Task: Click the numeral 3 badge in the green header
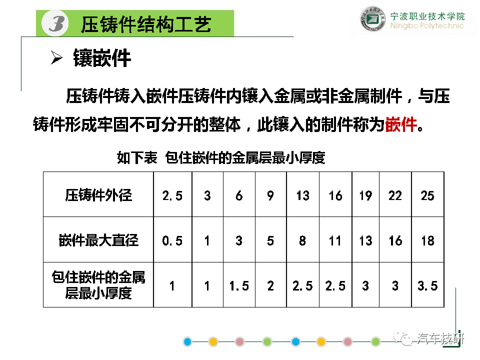tap(55, 23)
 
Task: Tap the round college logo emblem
tap(372, 19)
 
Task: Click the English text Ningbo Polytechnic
tap(427, 25)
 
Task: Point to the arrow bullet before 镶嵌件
tap(56, 57)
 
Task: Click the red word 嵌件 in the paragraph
tap(401, 124)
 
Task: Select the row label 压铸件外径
tap(98, 195)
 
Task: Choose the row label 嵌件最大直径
tap(98, 240)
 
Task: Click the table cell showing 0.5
tap(172, 240)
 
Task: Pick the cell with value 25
tap(427, 195)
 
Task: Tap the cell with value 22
tap(395, 195)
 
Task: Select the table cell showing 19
tap(365, 195)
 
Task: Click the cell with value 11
tap(335, 240)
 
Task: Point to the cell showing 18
tap(427, 240)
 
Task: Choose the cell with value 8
tap(302, 240)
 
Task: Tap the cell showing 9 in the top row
tap(270, 195)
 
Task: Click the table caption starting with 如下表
tap(221, 157)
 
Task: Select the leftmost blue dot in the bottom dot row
tap(187, 341)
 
